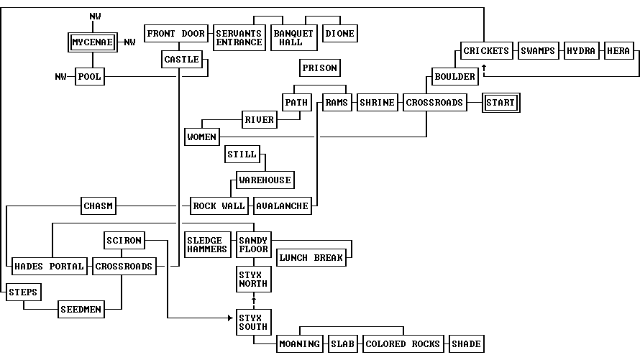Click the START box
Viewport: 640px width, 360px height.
500,103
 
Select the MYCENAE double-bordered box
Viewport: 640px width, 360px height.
93,42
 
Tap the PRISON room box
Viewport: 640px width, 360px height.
319,68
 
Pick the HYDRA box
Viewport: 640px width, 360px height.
581,51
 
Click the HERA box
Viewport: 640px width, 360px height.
618,51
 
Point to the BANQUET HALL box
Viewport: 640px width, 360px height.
293,37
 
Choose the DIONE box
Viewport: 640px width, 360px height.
339,34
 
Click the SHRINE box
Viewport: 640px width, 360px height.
377,103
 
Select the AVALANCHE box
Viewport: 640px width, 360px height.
283,206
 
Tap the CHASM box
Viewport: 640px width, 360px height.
99,206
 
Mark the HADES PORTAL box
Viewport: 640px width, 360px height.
49,267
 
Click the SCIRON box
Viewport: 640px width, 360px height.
124,241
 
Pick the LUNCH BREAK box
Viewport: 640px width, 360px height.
311,258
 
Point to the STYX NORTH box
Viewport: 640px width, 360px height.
253,279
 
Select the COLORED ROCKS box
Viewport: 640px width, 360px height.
403,344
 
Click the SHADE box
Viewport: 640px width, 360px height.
466,344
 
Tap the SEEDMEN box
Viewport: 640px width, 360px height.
81,310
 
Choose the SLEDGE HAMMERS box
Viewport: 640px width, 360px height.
207,244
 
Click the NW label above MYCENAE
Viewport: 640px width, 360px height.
96,17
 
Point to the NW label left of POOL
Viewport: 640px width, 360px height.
60,77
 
